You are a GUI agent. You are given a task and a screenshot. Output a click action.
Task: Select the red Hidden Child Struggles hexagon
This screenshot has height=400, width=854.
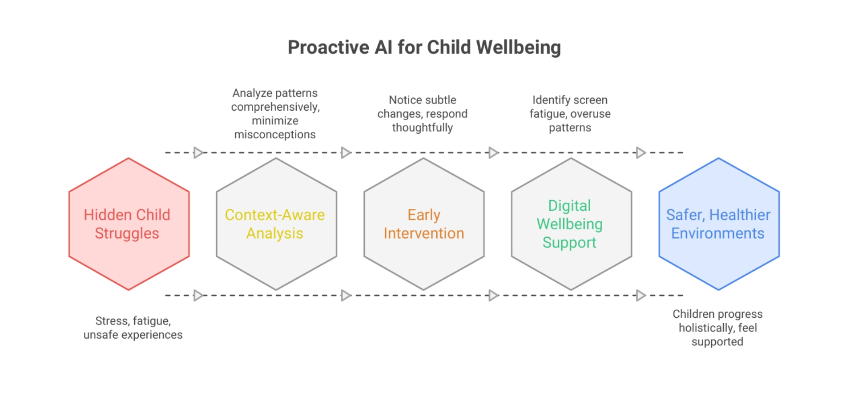[129, 224]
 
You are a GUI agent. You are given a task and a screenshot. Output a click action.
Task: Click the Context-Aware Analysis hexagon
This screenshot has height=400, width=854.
[276, 224]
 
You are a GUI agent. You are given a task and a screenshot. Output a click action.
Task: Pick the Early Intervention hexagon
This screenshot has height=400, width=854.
[424, 224]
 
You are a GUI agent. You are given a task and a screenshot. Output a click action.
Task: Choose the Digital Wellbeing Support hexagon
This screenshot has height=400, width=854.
[571, 224]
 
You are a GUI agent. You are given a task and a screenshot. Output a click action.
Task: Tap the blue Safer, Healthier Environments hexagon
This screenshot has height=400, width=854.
[719, 224]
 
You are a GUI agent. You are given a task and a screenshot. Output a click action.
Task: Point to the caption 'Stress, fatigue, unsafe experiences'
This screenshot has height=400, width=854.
[133, 328]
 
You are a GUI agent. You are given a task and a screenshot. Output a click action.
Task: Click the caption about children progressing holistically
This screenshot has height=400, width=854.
[717, 328]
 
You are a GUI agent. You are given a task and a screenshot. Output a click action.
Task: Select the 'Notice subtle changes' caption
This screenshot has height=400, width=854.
[423, 114]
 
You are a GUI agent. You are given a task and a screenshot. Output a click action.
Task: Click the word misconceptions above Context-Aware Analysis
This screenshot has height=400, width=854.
[275, 135]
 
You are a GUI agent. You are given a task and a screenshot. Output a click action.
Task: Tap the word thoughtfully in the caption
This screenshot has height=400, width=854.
[423, 128]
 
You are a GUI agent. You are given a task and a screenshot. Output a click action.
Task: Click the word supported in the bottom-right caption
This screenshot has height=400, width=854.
[717, 342]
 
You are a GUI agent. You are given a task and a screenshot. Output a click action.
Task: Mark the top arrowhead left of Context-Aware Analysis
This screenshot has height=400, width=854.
[199, 153]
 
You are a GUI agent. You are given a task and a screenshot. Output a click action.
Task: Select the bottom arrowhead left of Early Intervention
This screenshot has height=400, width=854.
[346, 296]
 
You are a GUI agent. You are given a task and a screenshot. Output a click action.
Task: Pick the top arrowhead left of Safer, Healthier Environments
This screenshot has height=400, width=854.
[641, 153]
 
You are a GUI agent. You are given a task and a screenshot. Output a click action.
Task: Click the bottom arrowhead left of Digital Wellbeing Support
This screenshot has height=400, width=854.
[494, 296]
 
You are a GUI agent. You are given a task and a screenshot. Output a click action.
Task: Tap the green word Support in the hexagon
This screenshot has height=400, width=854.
[569, 243]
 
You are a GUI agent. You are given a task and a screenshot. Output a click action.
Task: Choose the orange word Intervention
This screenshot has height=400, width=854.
[424, 233]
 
